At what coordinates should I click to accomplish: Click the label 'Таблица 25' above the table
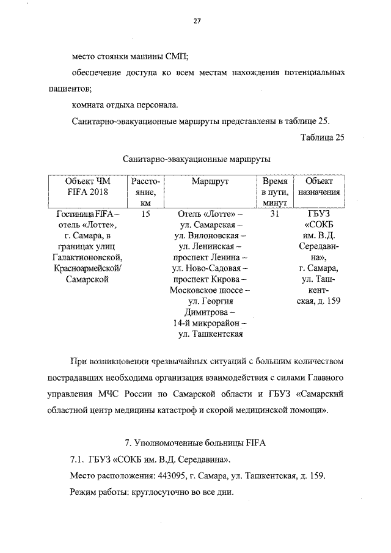pos(323,136)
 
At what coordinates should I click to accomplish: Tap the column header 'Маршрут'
pos(210,181)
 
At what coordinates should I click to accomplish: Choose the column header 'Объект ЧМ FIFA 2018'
pos(87,186)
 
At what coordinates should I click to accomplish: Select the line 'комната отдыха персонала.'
pos(125,104)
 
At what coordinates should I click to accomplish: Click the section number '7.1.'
pos(78,459)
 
